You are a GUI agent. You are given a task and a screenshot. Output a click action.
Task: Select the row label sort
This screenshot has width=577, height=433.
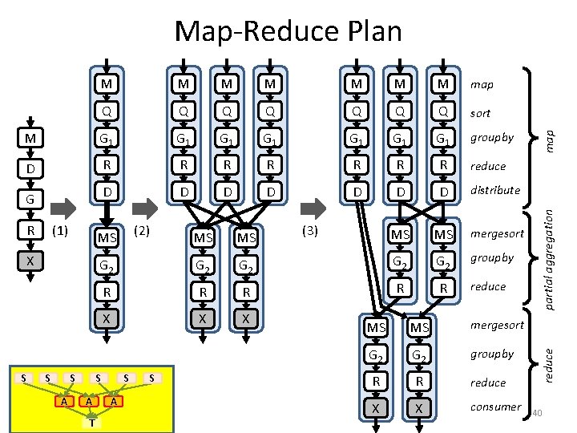(480, 113)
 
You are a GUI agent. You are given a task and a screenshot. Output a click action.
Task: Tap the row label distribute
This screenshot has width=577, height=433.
(494, 190)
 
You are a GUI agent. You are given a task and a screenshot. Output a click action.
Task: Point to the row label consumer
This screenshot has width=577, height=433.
(495, 407)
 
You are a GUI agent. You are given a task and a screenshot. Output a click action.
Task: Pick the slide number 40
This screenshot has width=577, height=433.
(539, 412)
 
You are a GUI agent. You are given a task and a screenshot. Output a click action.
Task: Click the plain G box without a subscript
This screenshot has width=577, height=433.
(30, 196)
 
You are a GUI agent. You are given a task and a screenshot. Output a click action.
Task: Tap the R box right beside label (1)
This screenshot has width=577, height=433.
(30, 233)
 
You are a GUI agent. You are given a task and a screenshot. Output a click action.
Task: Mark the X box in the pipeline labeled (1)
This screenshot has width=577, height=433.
(30, 261)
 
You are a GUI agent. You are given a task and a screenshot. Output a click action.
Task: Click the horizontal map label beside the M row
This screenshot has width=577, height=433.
(482, 84)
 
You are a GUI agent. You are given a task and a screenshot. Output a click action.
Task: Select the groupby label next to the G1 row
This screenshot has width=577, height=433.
(492, 137)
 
